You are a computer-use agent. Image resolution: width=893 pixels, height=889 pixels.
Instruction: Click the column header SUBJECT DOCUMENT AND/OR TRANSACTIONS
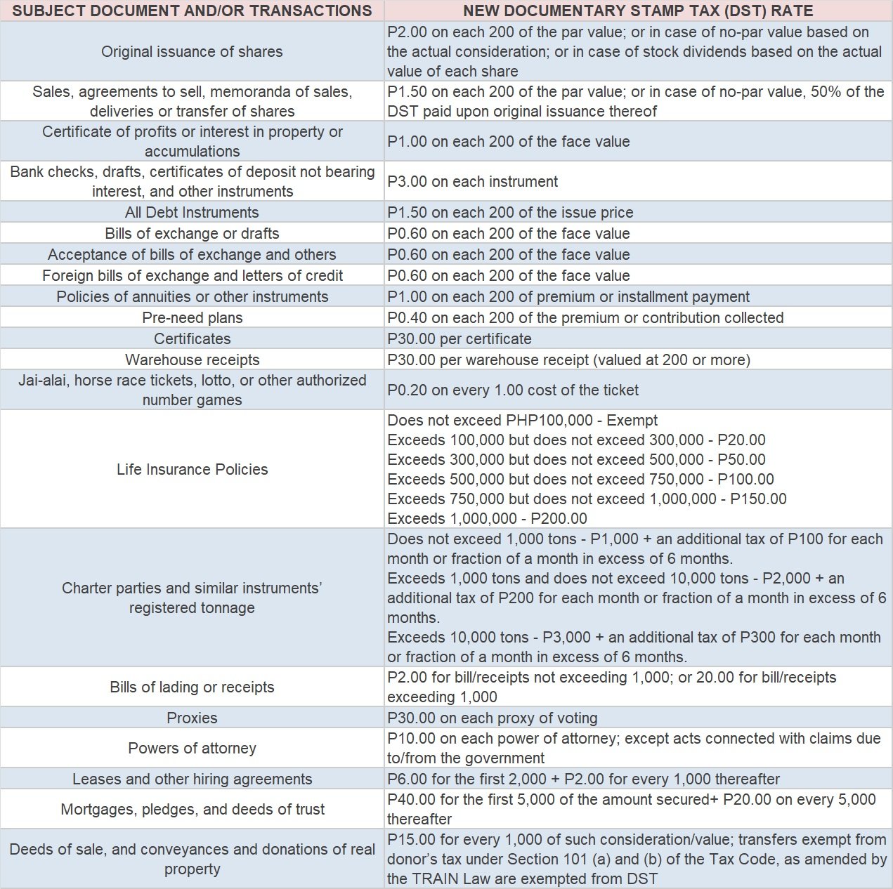point(192,11)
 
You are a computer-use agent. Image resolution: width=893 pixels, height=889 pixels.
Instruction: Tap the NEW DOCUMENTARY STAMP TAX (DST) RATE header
point(638,11)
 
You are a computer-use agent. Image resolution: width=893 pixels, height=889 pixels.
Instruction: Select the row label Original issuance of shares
point(192,51)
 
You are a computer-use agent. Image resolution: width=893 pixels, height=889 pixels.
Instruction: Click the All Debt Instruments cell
point(192,212)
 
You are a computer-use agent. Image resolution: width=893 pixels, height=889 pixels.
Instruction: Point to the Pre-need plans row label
point(192,317)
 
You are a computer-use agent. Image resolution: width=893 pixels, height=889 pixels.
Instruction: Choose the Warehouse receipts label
point(192,360)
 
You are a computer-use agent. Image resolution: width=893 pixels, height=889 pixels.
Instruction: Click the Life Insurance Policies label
point(192,469)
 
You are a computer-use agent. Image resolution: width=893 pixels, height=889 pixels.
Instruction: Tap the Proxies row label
point(192,718)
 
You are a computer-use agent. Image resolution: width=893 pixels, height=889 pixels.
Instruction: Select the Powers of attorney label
point(192,748)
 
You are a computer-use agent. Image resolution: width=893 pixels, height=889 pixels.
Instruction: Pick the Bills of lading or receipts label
point(192,687)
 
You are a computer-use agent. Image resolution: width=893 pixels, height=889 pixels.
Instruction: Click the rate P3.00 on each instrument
point(472,181)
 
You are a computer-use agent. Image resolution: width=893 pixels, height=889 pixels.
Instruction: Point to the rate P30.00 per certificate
point(459,338)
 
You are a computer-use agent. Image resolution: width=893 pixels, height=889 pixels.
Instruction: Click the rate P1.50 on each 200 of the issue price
point(510,212)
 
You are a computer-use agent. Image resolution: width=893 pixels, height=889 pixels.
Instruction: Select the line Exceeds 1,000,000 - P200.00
point(487,518)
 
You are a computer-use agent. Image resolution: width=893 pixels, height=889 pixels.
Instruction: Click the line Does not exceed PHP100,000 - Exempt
point(522,420)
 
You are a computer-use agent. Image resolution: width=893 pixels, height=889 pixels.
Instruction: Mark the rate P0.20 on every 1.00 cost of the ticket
point(513,390)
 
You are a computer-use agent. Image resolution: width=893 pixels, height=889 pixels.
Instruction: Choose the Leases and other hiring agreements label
point(192,779)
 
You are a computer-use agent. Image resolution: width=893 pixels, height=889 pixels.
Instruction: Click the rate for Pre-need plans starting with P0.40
point(585,317)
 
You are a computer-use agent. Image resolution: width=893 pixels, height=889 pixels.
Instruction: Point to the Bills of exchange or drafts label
point(192,233)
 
